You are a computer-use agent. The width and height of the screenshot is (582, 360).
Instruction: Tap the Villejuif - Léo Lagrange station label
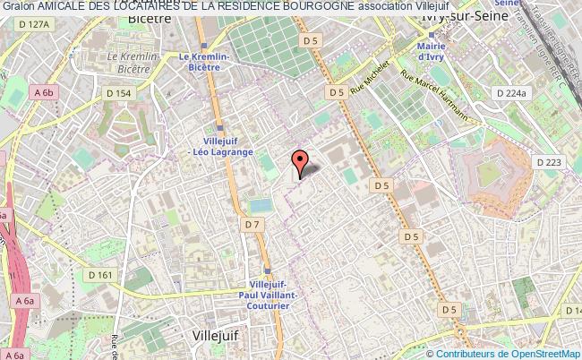224,146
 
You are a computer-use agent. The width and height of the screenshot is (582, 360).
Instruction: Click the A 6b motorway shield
44,92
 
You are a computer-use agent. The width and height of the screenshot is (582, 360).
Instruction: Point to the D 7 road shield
251,223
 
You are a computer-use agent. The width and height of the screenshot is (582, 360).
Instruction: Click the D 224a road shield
512,92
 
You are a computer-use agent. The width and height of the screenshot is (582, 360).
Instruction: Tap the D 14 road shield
570,308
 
